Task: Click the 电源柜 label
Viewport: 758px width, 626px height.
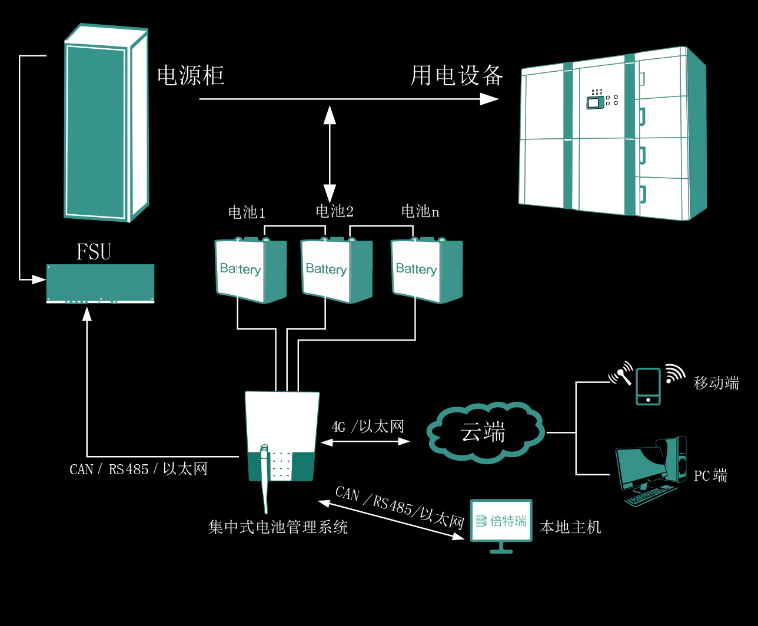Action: click(191, 75)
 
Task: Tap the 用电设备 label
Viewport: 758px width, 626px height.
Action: click(457, 75)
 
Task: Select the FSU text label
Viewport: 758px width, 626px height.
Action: click(94, 252)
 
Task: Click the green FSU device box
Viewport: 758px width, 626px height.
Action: click(100, 283)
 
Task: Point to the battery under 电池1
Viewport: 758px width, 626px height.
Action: click(250, 271)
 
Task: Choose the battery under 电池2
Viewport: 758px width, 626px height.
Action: click(336, 270)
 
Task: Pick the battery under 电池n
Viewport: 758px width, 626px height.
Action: click(427, 270)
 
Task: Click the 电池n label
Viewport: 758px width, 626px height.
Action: click(420, 211)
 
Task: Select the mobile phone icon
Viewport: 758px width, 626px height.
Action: click(648, 386)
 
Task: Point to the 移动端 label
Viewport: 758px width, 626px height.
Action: click(716, 383)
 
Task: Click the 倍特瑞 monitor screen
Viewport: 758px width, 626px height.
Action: click(501, 521)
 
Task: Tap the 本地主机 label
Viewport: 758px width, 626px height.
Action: click(570, 527)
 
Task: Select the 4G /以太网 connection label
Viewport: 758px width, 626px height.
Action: click(368, 427)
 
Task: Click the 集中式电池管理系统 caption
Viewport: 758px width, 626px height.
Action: click(278, 527)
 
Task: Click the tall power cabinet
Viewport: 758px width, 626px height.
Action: click(106, 124)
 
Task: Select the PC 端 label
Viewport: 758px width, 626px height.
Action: click(710, 475)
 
